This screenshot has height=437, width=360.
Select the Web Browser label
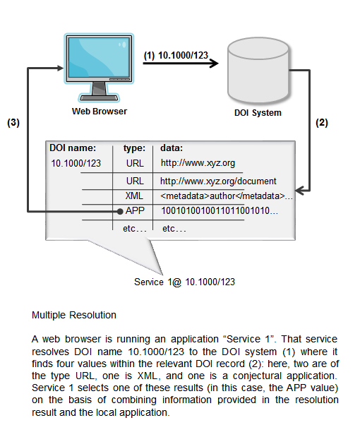pyautogui.click(x=100, y=111)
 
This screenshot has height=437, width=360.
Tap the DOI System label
pyautogui.click(x=258, y=113)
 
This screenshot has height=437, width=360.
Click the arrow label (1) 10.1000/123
pyautogui.click(x=174, y=55)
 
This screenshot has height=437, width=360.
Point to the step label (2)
pyautogui.click(x=321, y=122)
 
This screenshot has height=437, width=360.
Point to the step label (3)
pyautogui.click(x=13, y=122)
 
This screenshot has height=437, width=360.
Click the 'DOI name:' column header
pyautogui.click(x=72, y=148)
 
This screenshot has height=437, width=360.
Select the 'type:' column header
pyautogui.click(x=134, y=148)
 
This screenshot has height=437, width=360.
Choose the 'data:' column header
pyautogui.click(x=172, y=148)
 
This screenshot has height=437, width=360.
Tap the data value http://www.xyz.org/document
pyautogui.click(x=218, y=181)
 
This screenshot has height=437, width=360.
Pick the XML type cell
pyautogui.click(x=134, y=196)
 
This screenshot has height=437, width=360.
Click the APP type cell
pyautogui.click(x=134, y=210)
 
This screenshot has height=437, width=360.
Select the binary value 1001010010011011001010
pyautogui.click(x=220, y=210)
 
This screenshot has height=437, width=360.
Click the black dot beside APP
pyautogui.click(x=119, y=211)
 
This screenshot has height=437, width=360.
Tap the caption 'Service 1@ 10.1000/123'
pyautogui.click(x=184, y=282)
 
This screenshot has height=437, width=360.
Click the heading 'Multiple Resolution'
pyautogui.click(x=74, y=314)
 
